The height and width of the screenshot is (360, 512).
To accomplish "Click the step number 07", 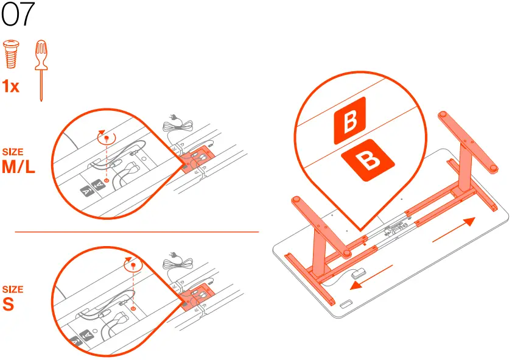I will [18, 15].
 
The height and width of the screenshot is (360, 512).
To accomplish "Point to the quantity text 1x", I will [11, 87].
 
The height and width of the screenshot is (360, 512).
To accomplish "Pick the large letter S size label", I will [9, 304].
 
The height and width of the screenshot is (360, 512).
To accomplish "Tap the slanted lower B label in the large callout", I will [367, 161].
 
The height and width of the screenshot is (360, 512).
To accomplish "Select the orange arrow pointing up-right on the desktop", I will [454, 230].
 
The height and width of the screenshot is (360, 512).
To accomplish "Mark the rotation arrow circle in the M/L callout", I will [107, 138].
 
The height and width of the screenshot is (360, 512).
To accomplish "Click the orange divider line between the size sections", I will [137, 231].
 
